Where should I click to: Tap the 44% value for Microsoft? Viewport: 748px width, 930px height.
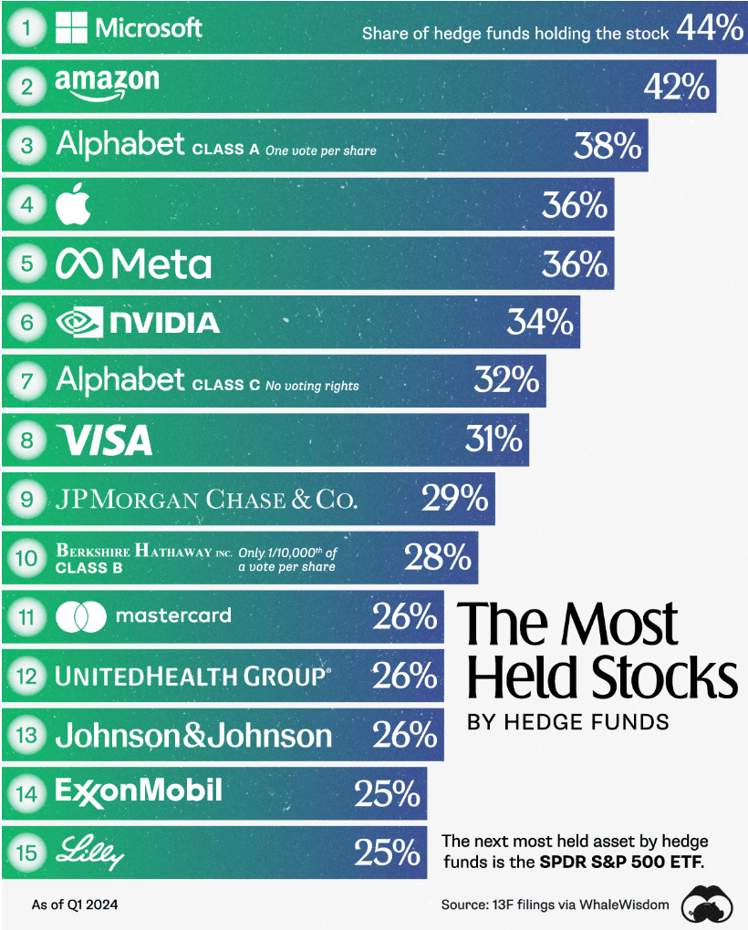710,29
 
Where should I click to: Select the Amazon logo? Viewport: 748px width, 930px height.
107,85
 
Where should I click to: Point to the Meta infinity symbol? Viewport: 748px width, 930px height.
79,264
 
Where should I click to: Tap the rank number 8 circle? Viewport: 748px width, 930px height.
27,440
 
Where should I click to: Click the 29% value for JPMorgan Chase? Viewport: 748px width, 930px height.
454,499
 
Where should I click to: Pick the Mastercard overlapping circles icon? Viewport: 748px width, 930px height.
81,616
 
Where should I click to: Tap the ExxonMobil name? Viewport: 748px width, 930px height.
139,790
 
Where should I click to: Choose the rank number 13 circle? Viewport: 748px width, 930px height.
27,735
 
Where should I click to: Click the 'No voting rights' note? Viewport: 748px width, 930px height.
312,386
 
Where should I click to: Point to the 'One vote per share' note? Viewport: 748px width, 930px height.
320,150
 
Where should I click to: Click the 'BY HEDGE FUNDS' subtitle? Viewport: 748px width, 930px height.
567,722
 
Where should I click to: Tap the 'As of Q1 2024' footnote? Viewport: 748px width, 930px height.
75,904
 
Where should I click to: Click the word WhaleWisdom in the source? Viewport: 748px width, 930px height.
624,904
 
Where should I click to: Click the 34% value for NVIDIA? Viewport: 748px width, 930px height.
539,322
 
